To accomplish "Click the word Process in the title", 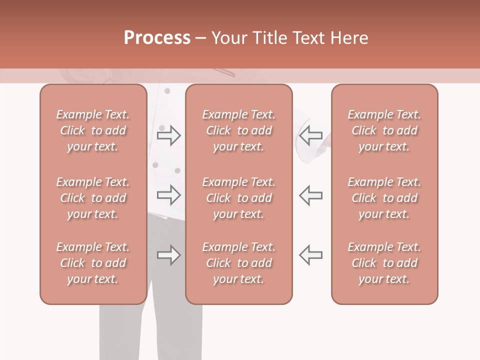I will pos(157,38).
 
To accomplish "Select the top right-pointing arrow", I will pos(168,135).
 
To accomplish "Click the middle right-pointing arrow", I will pos(168,195).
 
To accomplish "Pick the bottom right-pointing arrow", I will pos(168,255).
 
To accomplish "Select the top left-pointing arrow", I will pos(311,135).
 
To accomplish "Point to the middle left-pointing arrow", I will pos(311,195).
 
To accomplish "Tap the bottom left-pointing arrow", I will pos(311,255).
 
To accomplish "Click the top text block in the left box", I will pos(93,130).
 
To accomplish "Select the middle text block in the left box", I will pos(93,198).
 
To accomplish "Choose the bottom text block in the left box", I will pos(93,263).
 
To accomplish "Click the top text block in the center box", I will pos(239,130).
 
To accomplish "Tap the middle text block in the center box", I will pos(239,198).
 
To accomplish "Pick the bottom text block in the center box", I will pos(239,263).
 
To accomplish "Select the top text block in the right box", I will pos(384,130).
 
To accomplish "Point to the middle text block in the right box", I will pos(384,198).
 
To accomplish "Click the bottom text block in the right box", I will pos(384,263).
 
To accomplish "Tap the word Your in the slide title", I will pos(228,38).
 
